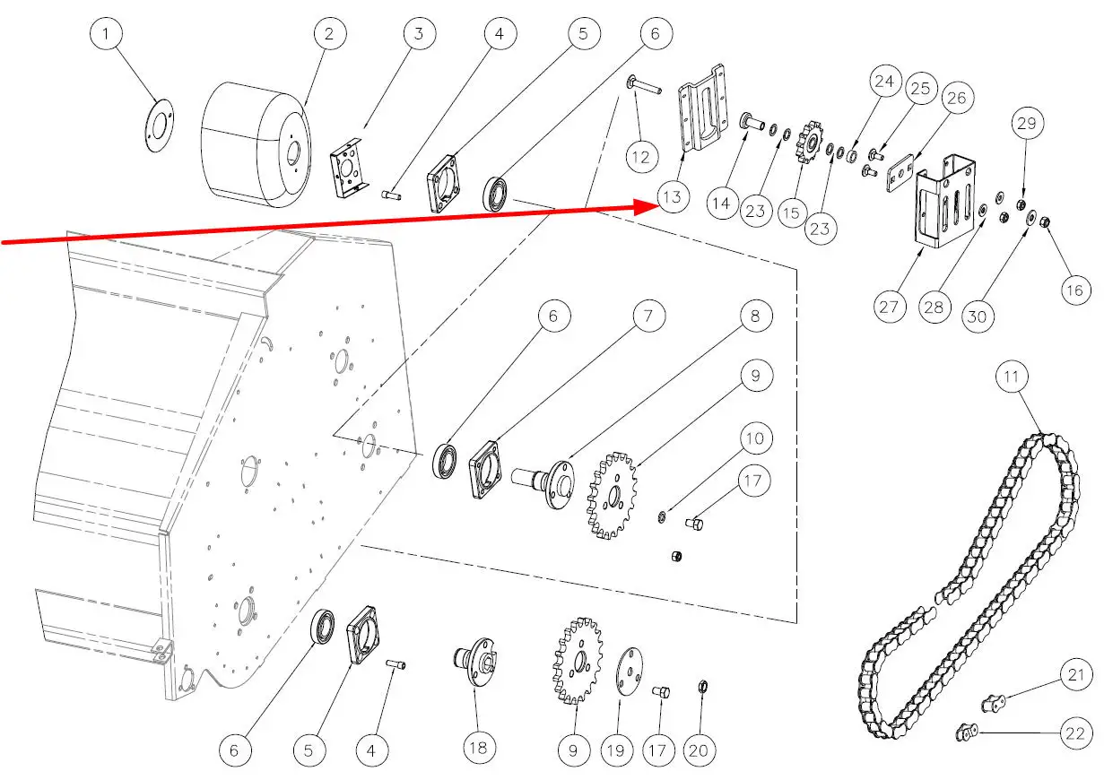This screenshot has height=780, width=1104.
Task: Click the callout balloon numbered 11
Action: point(1012,377)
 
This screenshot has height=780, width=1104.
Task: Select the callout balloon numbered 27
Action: point(889,306)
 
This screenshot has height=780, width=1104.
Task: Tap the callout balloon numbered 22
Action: point(1074,733)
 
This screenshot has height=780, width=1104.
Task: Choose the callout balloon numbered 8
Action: point(755,316)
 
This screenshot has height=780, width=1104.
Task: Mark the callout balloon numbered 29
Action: point(1029,122)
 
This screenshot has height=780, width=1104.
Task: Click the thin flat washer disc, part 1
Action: point(160,123)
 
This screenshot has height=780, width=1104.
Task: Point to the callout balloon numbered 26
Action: point(957,97)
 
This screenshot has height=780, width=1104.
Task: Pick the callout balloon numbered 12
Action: point(640,158)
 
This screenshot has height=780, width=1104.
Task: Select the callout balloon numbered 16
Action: point(1074,289)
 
